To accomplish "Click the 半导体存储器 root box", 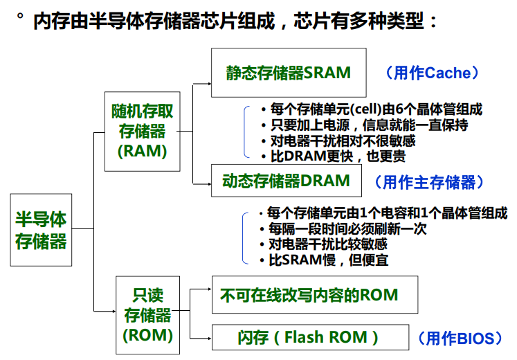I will click(x=41, y=230).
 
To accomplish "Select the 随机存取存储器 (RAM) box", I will click(x=143, y=131).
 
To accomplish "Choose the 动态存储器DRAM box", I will click(x=287, y=181).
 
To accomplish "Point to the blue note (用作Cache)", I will click(x=432, y=73).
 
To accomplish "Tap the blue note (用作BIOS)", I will click(x=459, y=339).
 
